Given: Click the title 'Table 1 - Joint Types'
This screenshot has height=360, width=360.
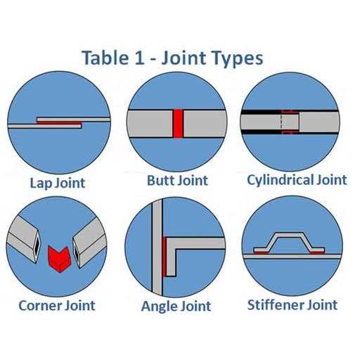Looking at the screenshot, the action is pyautogui.click(x=172, y=58).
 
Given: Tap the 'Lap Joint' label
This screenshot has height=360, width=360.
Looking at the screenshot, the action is pyautogui.click(x=58, y=183).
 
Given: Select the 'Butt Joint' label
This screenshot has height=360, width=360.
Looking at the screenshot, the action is pyautogui.click(x=177, y=181).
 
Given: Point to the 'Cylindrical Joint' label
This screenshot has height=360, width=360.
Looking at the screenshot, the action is pyautogui.click(x=297, y=181).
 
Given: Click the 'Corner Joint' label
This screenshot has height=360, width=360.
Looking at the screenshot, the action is pyautogui.click(x=57, y=305).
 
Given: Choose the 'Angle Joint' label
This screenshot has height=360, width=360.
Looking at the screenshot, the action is pyautogui.click(x=176, y=307).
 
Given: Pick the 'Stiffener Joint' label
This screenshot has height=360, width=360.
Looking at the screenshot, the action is pyautogui.click(x=292, y=305).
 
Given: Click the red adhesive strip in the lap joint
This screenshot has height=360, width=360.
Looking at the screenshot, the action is pyautogui.click(x=59, y=123).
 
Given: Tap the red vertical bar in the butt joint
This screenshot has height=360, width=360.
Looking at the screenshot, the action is pyautogui.click(x=178, y=124).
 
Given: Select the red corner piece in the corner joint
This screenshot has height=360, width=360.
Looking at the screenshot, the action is pyautogui.click(x=58, y=259).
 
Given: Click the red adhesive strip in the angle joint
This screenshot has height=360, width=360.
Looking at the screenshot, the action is pyautogui.click(x=165, y=257).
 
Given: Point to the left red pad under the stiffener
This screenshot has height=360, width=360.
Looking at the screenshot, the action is pyautogui.click(x=262, y=252).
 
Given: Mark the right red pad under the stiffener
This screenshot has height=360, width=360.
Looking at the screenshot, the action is pyautogui.click(x=318, y=252).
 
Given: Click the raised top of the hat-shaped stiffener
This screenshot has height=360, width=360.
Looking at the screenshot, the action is pyautogui.click(x=290, y=235).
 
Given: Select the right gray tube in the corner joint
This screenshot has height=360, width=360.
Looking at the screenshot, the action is pyautogui.click(x=90, y=243).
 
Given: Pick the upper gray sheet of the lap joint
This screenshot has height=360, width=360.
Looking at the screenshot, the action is pyautogui.click(x=74, y=120).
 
